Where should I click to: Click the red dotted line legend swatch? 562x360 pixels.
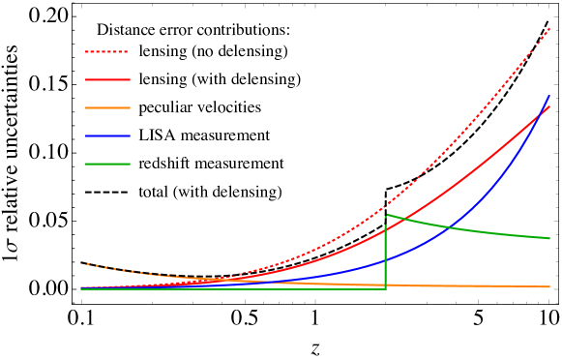pyautogui.click(x=106, y=52)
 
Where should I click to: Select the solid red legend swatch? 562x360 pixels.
pyautogui.click(x=106, y=80)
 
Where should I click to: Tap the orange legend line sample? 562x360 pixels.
pyautogui.click(x=106, y=108)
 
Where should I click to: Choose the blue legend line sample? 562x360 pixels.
pyautogui.click(x=106, y=136)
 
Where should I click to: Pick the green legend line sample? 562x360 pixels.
pyautogui.click(x=106, y=165)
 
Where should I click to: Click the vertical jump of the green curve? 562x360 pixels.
pyautogui.click(x=386, y=252)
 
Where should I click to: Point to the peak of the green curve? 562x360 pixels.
pyautogui.click(x=387, y=214)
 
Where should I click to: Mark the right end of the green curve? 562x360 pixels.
pyautogui.click(x=549, y=238)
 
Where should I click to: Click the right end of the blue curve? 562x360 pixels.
pyautogui.click(x=549, y=95)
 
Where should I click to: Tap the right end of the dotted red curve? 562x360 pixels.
pyautogui.click(x=549, y=29)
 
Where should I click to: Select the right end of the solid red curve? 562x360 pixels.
pyautogui.click(x=549, y=105)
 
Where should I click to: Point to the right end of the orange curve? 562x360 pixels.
pyautogui.click(x=549, y=286)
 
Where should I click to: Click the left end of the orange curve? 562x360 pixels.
pyautogui.click(x=81, y=262)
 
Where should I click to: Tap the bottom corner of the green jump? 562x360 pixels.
pyautogui.click(x=386, y=288)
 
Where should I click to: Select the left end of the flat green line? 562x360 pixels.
pyautogui.click(x=81, y=288)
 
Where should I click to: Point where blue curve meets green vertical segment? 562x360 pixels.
pyautogui.click(x=386, y=260)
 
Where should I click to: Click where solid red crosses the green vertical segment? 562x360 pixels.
pyautogui.click(x=386, y=229)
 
